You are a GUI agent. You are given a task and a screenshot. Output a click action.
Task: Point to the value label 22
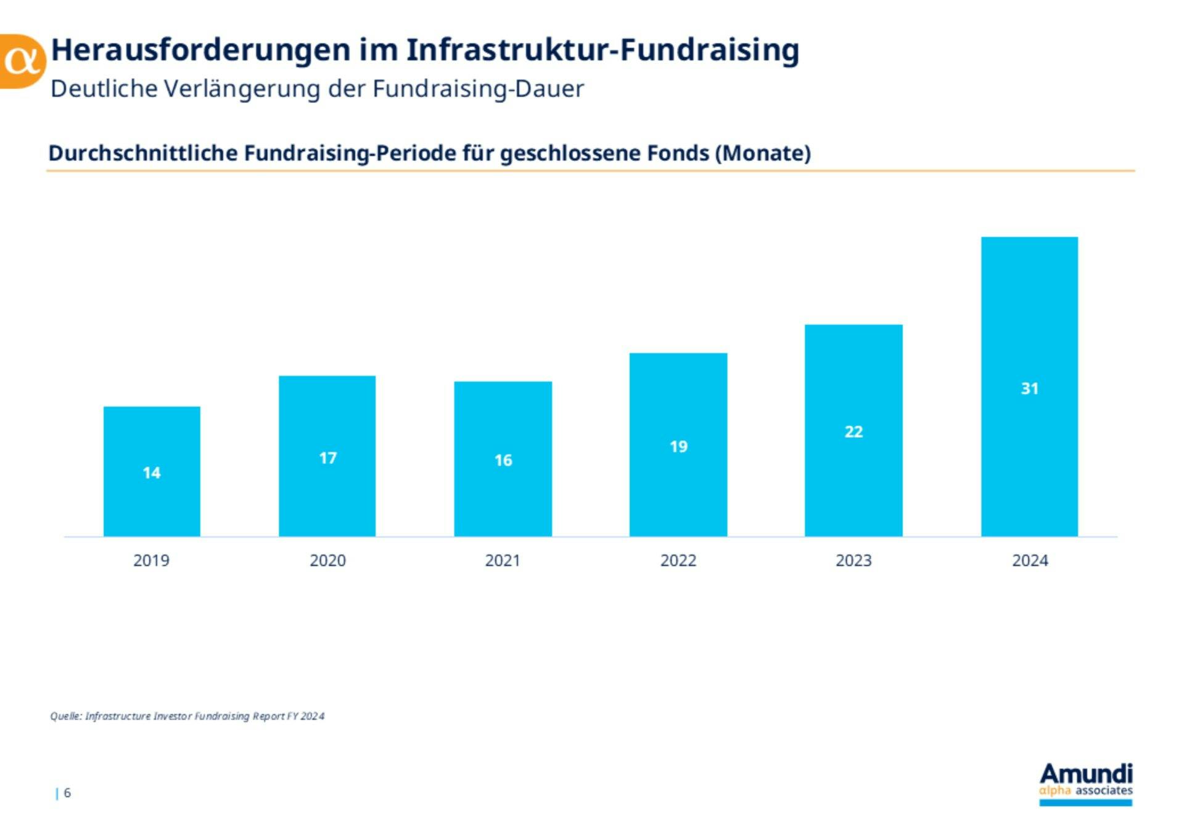[853, 432]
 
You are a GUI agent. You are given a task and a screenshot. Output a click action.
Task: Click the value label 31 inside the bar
[1029, 388]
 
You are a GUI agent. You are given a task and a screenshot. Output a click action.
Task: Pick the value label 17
[327, 458]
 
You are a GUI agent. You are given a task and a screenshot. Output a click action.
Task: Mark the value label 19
[678, 446]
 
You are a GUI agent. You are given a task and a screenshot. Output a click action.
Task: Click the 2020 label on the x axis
[327, 560]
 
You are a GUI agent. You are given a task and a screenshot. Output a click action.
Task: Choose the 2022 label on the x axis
[678, 560]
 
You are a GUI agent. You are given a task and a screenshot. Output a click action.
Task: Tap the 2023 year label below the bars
[853, 560]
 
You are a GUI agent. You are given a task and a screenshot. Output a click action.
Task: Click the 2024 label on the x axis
[1030, 560]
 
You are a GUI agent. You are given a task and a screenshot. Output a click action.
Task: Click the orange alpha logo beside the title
[22, 61]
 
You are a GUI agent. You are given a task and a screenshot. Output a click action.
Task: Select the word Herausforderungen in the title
[200, 50]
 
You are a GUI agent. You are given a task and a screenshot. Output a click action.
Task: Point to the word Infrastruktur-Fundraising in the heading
[602, 50]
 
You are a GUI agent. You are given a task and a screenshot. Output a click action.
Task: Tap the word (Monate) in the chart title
[763, 153]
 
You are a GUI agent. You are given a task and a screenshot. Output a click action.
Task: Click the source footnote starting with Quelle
[187, 716]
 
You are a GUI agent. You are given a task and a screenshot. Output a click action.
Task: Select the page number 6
[67, 792]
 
